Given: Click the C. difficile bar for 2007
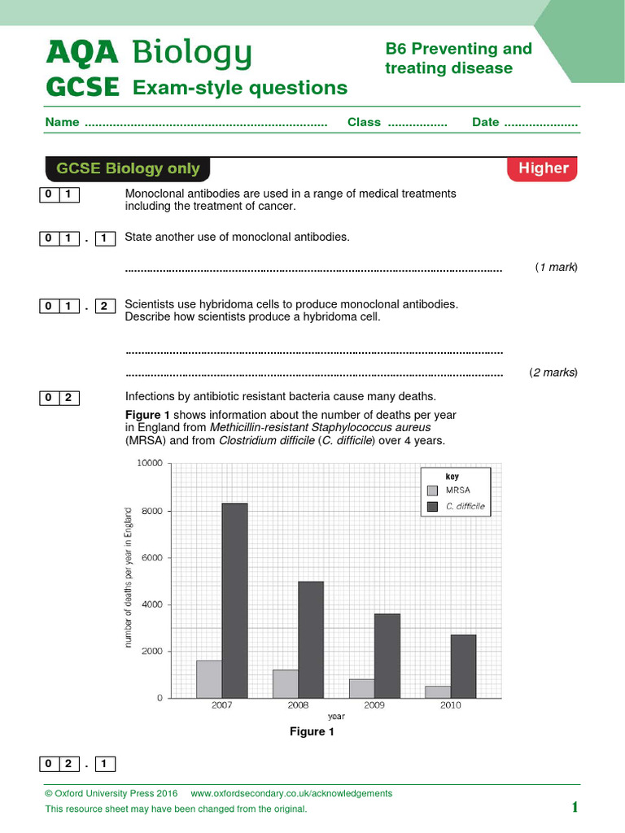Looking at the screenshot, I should click(234, 600).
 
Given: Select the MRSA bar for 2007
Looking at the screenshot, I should click(209, 679).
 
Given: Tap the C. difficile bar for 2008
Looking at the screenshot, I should click(310, 639).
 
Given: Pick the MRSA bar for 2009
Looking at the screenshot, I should click(361, 688).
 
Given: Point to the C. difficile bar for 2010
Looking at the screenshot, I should click(463, 666).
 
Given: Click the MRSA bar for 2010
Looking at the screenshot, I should click(438, 691).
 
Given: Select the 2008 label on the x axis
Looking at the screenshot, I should click(298, 705).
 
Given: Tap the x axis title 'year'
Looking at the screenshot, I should click(336, 717).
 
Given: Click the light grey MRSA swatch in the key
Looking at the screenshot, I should click(432, 491).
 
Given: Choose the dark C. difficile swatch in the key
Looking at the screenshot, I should click(432, 506).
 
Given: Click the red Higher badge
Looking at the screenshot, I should click(543, 168).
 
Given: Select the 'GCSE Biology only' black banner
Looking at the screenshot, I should click(128, 168).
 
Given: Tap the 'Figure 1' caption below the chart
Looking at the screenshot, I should click(312, 732).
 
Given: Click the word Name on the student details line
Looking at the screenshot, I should click(62, 122).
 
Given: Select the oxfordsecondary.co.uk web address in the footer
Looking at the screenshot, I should click(291, 793).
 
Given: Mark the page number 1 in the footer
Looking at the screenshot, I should click(575, 807).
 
